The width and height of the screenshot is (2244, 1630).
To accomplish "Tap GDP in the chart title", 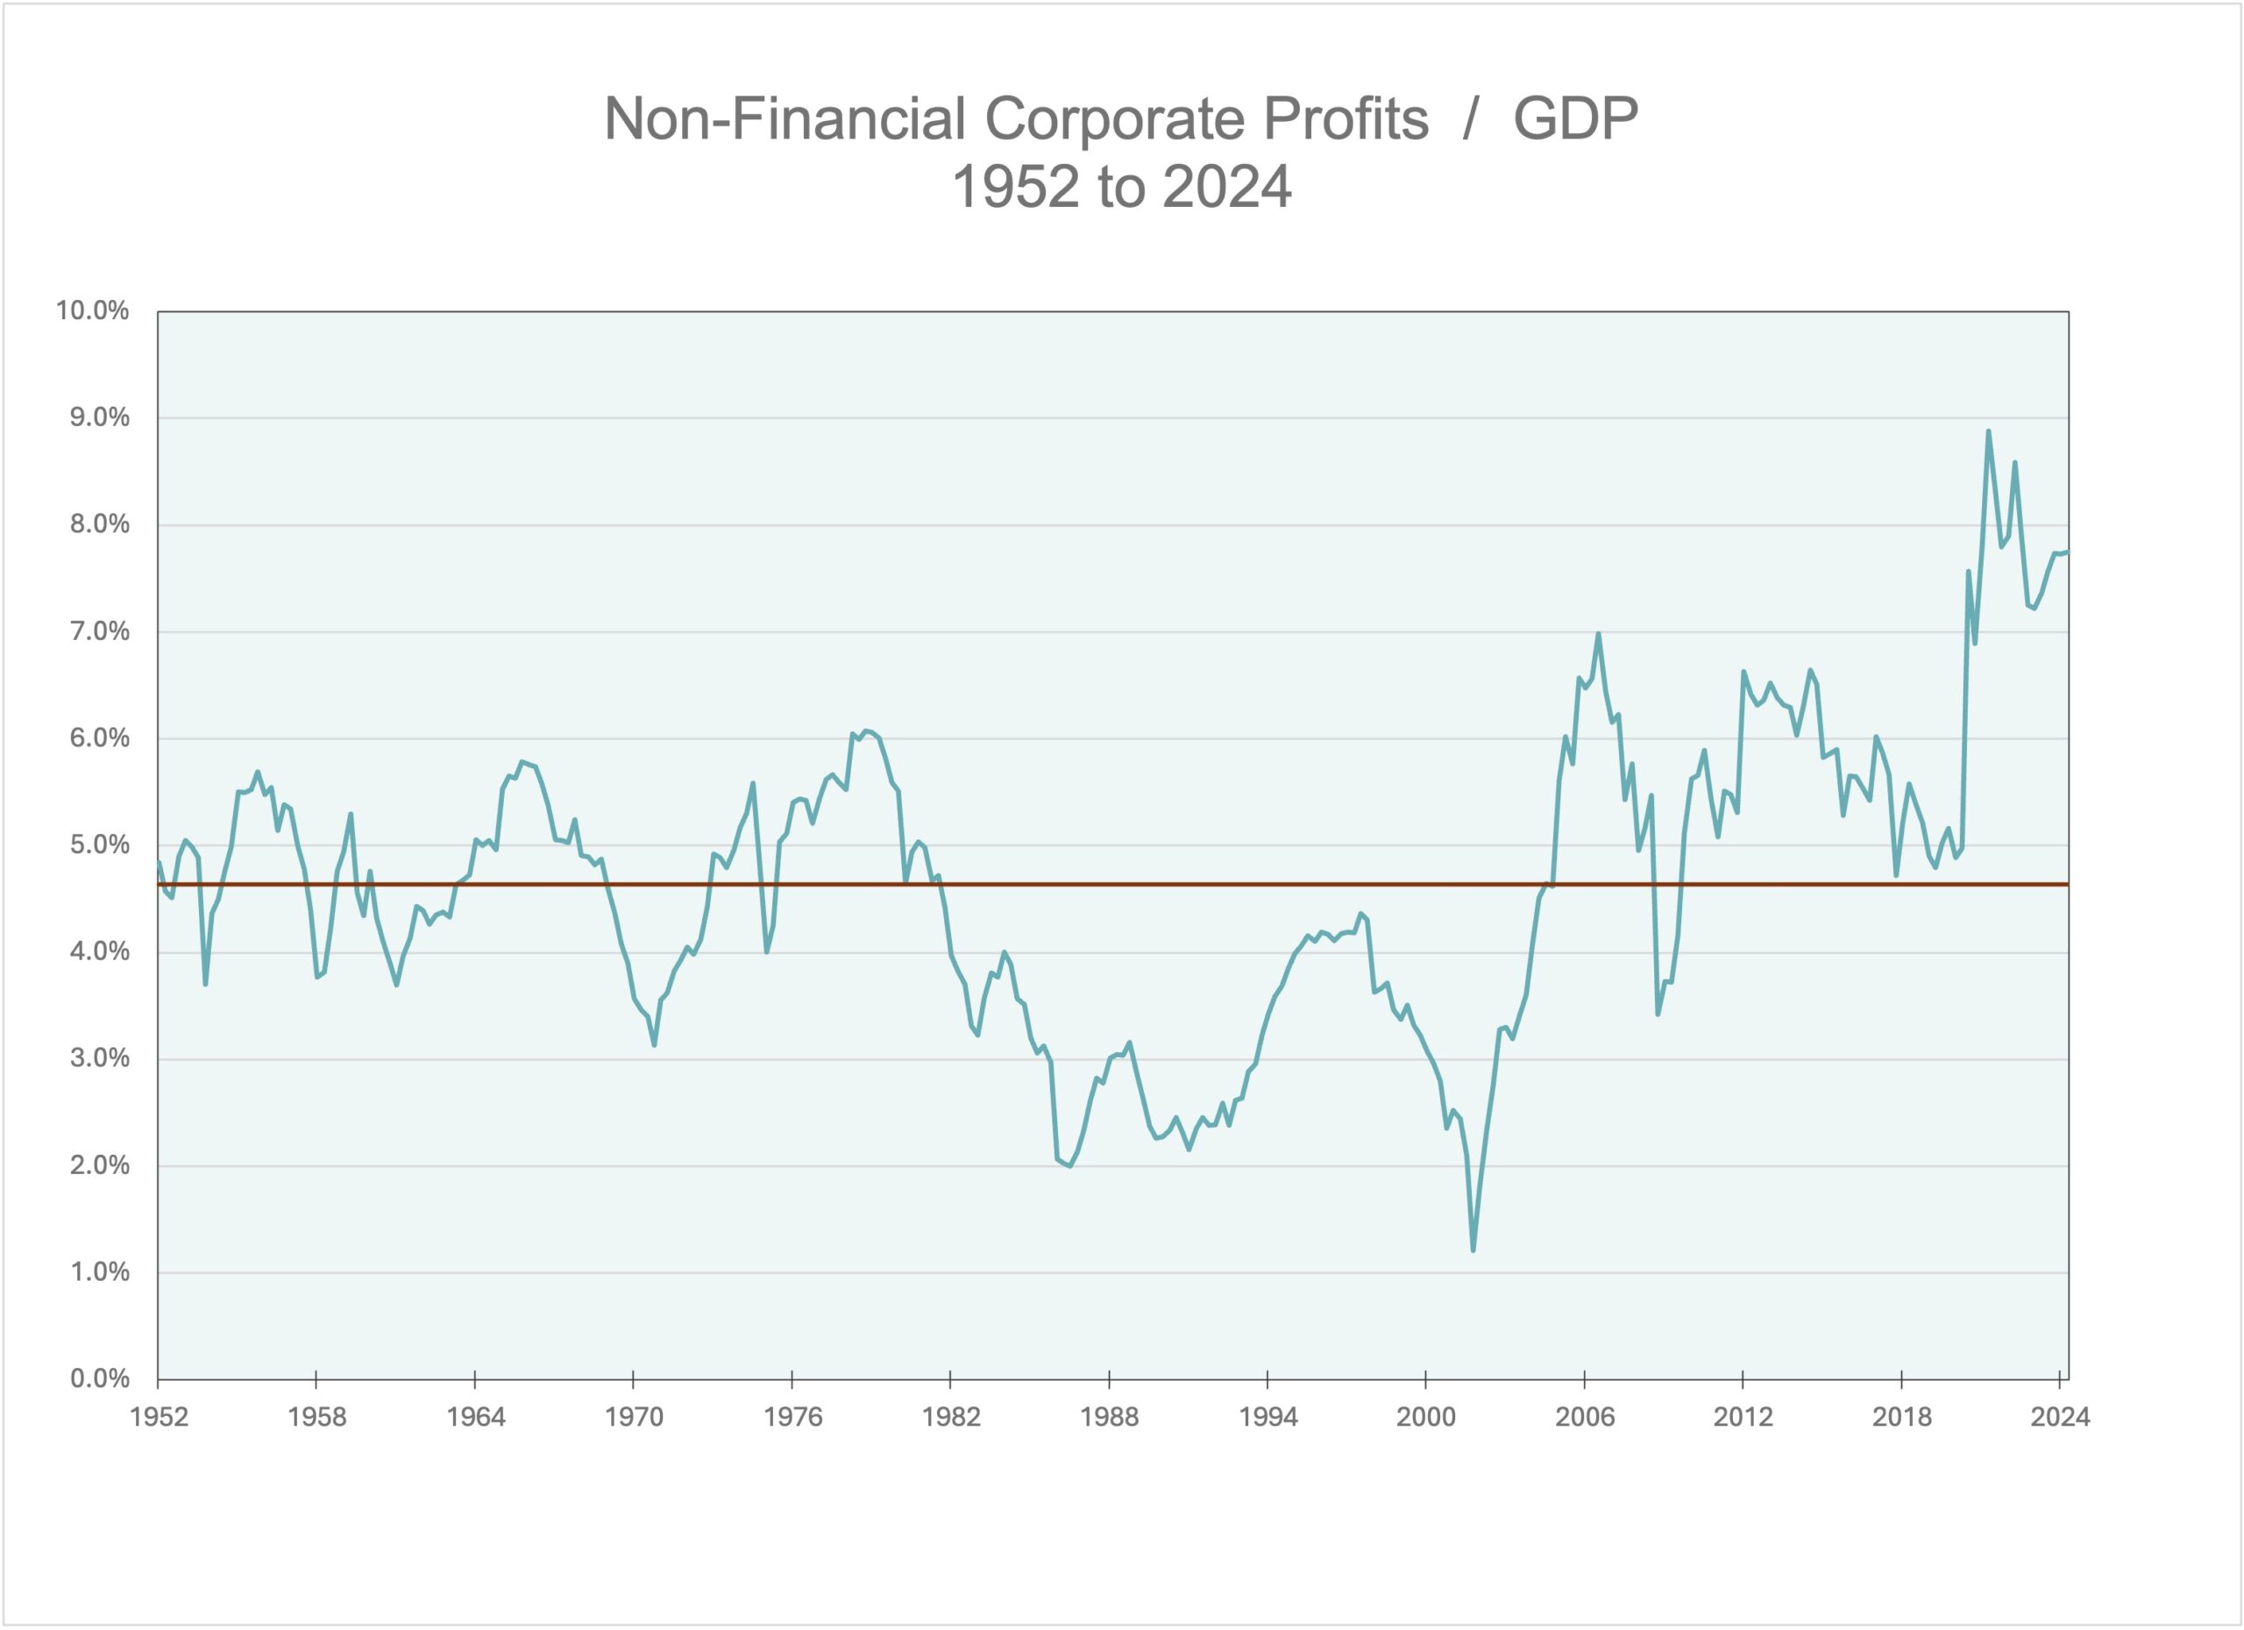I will (x=1575, y=120).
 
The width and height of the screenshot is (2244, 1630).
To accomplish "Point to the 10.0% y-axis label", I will (x=92, y=310).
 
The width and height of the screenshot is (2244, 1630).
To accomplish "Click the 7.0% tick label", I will (x=99, y=631).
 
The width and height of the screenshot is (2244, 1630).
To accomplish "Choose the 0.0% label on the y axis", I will (x=99, y=1378).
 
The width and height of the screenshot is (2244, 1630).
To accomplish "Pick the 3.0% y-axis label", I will (x=99, y=1058).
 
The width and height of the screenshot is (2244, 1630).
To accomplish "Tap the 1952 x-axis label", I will (x=159, y=1417).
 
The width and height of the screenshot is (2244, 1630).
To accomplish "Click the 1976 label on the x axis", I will (x=792, y=1417).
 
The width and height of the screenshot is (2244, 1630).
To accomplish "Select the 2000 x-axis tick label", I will (x=1426, y=1417).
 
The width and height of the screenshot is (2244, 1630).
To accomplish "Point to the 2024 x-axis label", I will (x=2060, y=1417).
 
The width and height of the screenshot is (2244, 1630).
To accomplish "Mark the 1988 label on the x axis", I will (x=1109, y=1417).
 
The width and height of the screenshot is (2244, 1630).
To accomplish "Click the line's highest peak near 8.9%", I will (x=1988, y=431).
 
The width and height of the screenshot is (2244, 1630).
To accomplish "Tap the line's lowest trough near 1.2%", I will (x=1474, y=1251).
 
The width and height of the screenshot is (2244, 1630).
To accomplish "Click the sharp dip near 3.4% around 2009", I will (x=1658, y=1014).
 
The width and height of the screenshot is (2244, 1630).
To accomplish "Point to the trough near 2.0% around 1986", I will (x=1069, y=1166).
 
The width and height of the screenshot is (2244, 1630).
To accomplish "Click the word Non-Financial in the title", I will (x=785, y=120).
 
